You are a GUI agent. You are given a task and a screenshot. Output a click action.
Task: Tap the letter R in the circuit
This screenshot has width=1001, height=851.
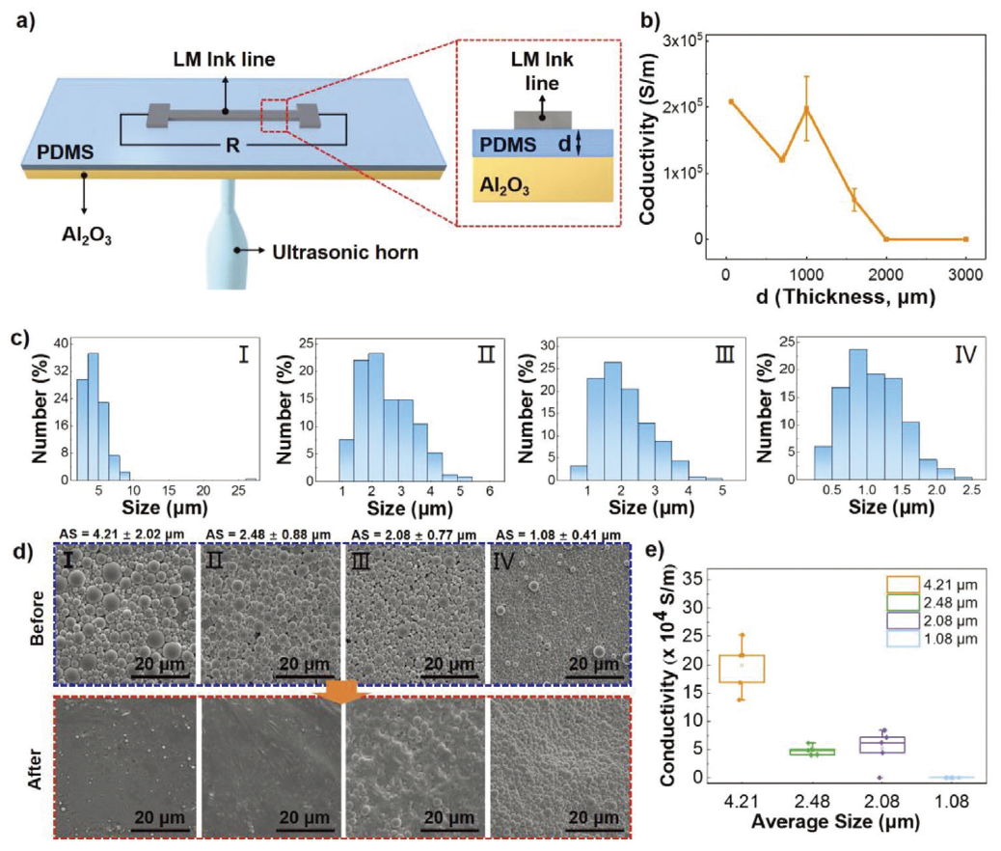[230, 151]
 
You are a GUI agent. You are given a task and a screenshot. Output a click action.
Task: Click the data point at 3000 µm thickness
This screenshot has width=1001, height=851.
[965, 239]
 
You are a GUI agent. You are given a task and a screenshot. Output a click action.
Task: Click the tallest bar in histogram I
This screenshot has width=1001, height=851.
[94, 415]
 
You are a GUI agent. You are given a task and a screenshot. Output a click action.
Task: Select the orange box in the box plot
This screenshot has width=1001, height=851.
[742, 669]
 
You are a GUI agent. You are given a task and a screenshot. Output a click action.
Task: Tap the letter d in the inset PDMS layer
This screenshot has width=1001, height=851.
[565, 142]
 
